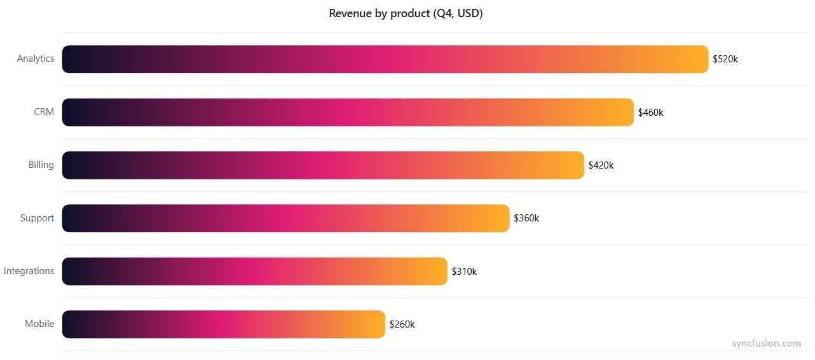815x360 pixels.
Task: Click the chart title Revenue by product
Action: [406, 13]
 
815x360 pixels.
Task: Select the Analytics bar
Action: [385, 59]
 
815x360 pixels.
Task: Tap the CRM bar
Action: [348, 112]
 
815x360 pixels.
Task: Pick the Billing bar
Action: [322, 165]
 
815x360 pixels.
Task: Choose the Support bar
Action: [285, 218]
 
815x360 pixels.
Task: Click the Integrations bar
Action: [254, 272]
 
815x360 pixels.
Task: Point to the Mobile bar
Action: [223, 324]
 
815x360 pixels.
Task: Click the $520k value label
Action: [725, 59]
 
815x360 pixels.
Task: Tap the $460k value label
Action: [651, 112]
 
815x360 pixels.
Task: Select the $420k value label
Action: [601, 165]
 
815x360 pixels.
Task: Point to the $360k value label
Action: [526, 218]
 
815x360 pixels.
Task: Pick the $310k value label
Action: [464, 272]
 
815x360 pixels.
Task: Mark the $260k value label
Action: [402, 324]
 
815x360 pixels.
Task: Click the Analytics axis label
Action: [36, 59]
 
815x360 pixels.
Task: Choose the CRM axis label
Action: [44, 112]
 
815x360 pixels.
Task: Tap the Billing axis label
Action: [41, 165]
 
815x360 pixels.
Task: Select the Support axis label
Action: [37, 218]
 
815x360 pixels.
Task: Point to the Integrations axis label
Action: [29, 271]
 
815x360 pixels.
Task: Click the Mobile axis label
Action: [39, 324]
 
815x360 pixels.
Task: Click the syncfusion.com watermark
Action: [766, 343]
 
